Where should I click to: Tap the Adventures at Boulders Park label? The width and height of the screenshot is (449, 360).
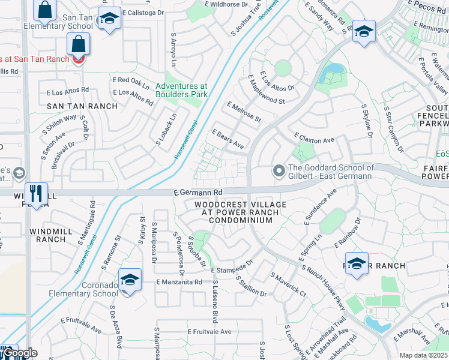pyautogui.click(x=181, y=90)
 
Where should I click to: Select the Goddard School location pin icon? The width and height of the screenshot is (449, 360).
pyautogui.click(x=279, y=172)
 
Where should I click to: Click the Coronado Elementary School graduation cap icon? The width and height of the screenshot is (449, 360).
pyautogui.click(x=130, y=280)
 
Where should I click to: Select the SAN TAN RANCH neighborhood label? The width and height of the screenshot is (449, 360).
pyautogui.click(x=74, y=106)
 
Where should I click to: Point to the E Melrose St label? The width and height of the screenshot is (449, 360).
pyautogui.click(x=244, y=112)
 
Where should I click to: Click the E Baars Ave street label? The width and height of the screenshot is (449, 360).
pyautogui.click(x=228, y=139)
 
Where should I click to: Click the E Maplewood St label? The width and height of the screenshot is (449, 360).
pyautogui.click(x=266, y=90)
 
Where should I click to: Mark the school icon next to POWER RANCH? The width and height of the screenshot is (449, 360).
pyautogui.click(x=357, y=265)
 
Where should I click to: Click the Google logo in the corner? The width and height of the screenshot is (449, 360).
pyautogui.click(x=19, y=353)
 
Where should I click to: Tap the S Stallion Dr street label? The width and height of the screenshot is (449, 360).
pyautogui.click(x=251, y=286)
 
